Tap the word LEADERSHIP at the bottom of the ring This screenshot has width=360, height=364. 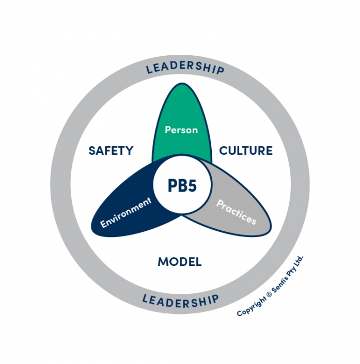(180, 299)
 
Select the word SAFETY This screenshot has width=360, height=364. (111, 151)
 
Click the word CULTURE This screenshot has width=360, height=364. (246, 151)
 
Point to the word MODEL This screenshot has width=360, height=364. (179, 262)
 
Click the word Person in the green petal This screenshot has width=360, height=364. (181, 130)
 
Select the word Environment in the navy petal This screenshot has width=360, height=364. (127, 212)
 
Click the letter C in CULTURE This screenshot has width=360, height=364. (224, 151)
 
